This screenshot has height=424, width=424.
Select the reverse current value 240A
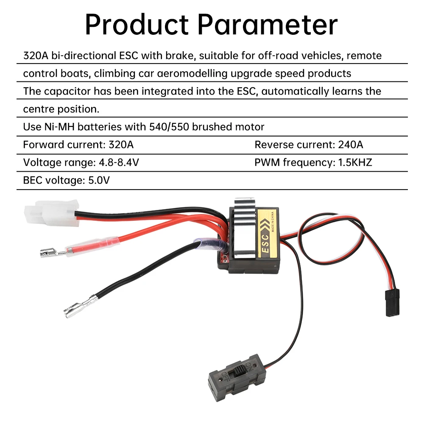[351, 145]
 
